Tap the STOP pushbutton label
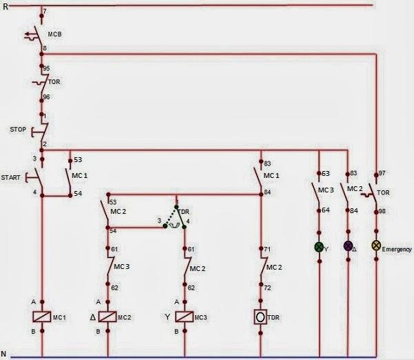pyautogui.click(x=19, y=129)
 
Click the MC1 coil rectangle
pyautogui.click(x=43, y=317)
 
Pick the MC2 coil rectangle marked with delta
pyautogui.click(x=107, y=317)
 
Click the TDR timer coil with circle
pyautogui.click(x=261, y=317)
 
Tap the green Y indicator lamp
pyautogui.click(x=319, y=246)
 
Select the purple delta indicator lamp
pyautogui.click(x=348, y=246)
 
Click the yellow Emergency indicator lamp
pyautogui.click(x=376, y=246)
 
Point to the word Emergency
pyautogui.click(x=397, y=249)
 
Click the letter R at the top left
pyautogui.click(x=5, y=6)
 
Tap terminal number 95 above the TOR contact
pyautogui.click(x=47, y=69)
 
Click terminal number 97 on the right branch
pyautogui.click(x=382, y=173)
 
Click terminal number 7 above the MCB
pyautogui.click(x=46, y=12)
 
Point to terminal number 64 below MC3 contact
pyautogui.click(x=325, y=210)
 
